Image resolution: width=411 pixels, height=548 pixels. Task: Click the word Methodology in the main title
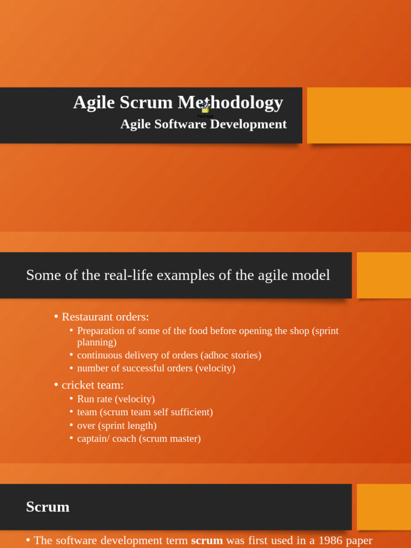(x=230, y=102)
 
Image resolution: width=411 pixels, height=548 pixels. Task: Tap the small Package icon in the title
(x=205, y=109)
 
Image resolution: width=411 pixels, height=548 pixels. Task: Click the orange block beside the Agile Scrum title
(x=359, y=116)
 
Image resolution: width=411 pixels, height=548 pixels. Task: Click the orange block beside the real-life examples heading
(x=383, y=275)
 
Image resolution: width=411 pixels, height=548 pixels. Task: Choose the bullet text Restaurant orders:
(x=105, y=317)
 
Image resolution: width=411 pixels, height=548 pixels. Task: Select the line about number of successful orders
(x=156, y=368)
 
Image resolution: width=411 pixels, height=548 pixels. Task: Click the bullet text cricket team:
(x=93, y=385)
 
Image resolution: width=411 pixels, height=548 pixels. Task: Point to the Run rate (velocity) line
(x=116, y=399)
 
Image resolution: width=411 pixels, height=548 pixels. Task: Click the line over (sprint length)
(x=117, y=425)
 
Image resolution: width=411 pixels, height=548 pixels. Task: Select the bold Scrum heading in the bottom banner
(x=48, y=507)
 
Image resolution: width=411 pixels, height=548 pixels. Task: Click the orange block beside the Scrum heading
(x=383, y=507)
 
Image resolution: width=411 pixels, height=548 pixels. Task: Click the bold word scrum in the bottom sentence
(x=207, y=541)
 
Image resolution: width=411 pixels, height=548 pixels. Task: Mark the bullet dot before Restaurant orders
(x=56, y=317)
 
